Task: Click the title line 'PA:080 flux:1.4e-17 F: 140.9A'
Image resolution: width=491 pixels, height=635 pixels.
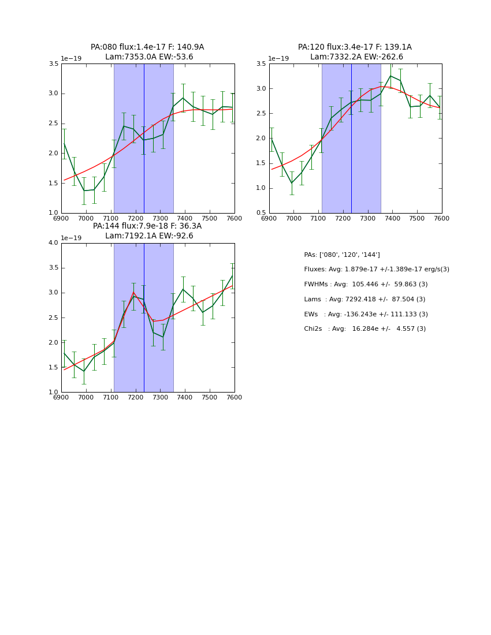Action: click(147, 47)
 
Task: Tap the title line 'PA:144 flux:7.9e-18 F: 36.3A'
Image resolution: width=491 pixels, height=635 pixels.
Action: click(147, 226)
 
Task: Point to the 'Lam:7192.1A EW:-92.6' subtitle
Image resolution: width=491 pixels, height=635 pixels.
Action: click(149, 236)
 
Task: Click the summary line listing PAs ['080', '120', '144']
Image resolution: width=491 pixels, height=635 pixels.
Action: click(342, 255)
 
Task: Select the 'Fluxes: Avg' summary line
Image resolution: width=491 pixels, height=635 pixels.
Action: click(377, 270)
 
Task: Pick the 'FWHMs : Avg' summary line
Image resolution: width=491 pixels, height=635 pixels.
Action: click(366, 285)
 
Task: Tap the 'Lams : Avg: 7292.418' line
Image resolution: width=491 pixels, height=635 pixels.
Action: click(364, 300)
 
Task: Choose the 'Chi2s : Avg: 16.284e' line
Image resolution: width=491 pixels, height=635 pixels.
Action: click(364, 329)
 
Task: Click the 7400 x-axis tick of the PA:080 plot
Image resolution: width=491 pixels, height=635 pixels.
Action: click(185, 218)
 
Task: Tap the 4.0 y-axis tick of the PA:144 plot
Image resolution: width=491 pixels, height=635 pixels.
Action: click(53, 243)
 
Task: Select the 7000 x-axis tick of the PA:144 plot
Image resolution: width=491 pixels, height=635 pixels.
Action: click(86, 397)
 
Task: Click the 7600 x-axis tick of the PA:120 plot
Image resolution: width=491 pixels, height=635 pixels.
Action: click(441, 218)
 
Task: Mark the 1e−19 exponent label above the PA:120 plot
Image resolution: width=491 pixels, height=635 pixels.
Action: click(278, 59)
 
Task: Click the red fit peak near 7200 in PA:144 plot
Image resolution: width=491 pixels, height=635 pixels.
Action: click(133, 292)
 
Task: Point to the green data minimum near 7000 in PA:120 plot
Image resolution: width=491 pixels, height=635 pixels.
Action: click(292, 183)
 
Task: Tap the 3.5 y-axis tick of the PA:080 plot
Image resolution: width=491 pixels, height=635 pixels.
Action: click(53, 64)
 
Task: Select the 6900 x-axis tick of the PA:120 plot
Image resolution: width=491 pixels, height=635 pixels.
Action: click(269, 218)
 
